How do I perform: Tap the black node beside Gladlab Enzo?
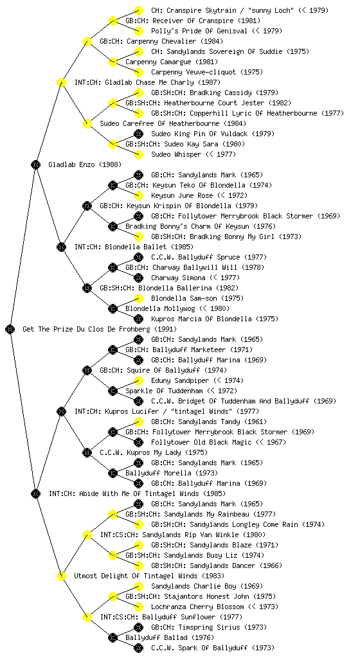click(x=35, y=164)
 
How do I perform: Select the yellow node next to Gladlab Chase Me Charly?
click(x=61, y=82)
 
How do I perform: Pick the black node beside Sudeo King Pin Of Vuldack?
click(x=138, y=134)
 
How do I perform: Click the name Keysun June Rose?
click(x=182, y=195)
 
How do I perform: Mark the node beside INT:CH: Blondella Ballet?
click(x=61, y=247)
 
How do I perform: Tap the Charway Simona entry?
click(x=178, y=278)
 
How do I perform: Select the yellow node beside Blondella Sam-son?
click(x=138, y=298)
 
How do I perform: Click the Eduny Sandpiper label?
click(x=180, y=380)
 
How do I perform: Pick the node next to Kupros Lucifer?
click(x=61, y=411)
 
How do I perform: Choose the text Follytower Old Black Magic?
click(x=201, y=442)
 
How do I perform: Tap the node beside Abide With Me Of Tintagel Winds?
click(x=35, y=493)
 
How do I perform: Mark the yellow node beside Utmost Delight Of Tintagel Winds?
click(x=61, y=576)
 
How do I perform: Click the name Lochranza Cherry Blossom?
click(x=197, y=607)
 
